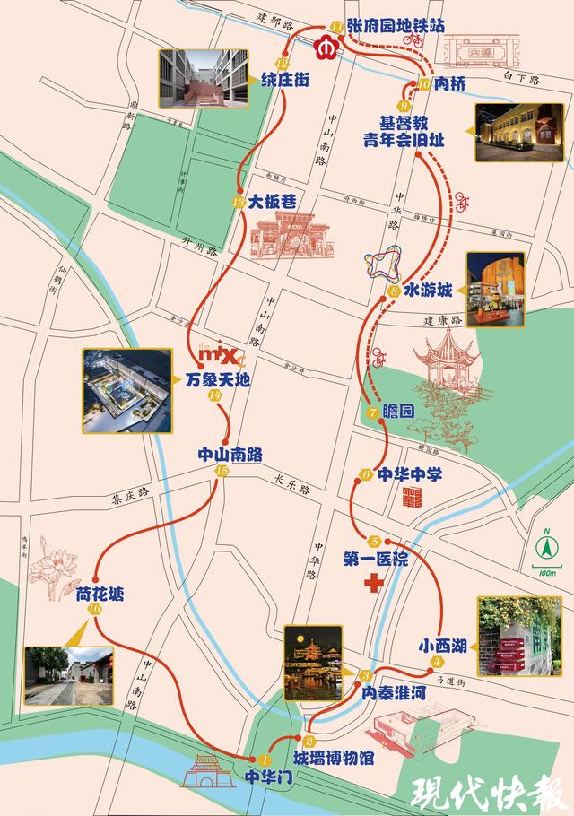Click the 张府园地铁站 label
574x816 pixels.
[396, 25]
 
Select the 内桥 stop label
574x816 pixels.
[446, 85]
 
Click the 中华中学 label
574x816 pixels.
[410, 474]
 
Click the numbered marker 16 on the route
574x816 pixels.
[96, 610]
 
